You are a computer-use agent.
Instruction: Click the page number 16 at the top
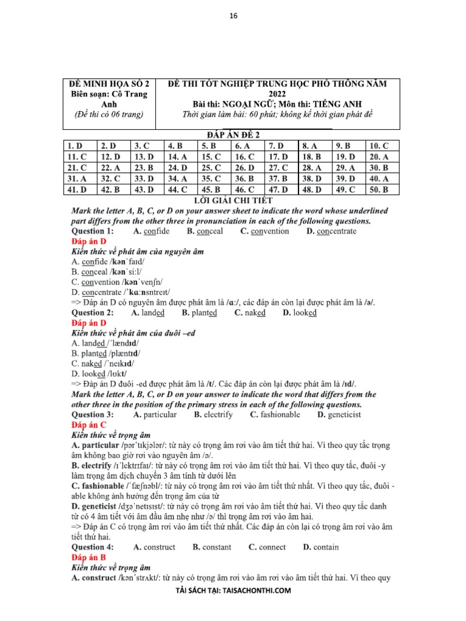pos(233,18)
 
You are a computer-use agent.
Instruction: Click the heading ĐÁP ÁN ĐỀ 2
pos(233,135)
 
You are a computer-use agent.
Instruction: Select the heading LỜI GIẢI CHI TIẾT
pos(233,200)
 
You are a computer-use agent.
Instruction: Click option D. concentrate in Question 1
pos(331,231)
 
